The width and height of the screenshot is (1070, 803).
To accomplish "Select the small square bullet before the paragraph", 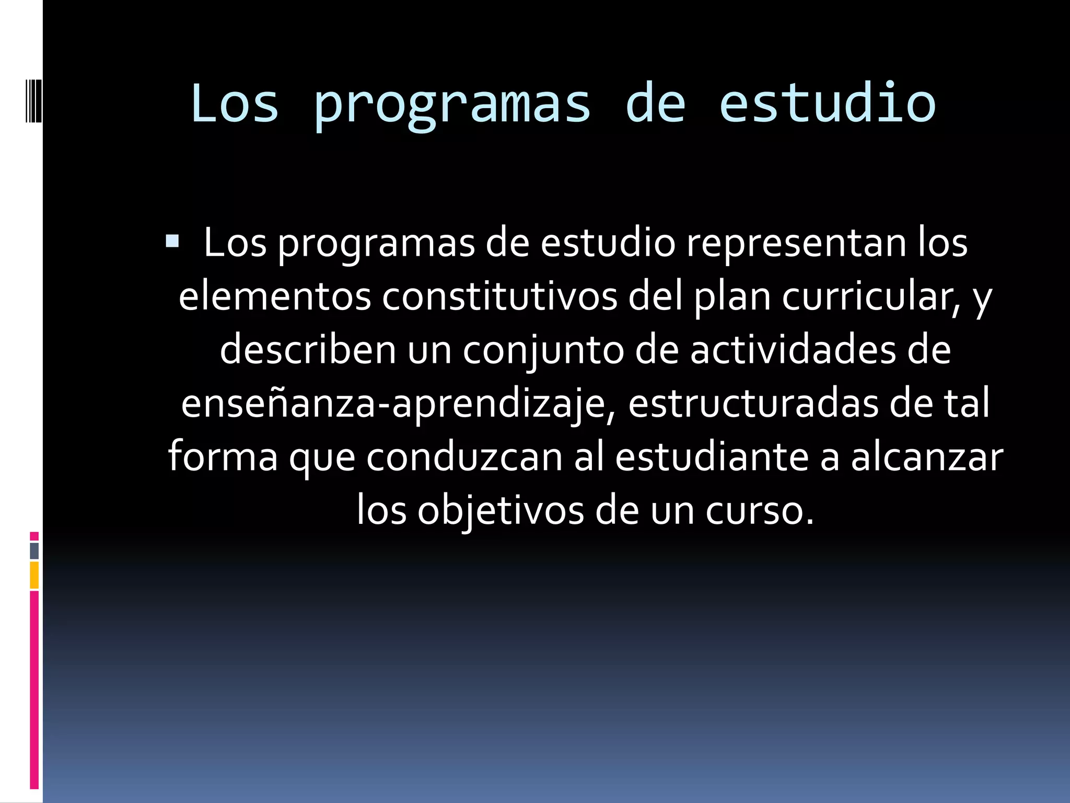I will (x=172, y=242).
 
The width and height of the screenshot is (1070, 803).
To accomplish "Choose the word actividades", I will (x=792, y=350).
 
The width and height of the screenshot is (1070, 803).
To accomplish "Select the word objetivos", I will (x=500, y=511).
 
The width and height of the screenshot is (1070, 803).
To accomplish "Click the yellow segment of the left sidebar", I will (x=34, y=575).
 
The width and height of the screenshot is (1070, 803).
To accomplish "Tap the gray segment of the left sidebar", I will (x=34, y=550).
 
